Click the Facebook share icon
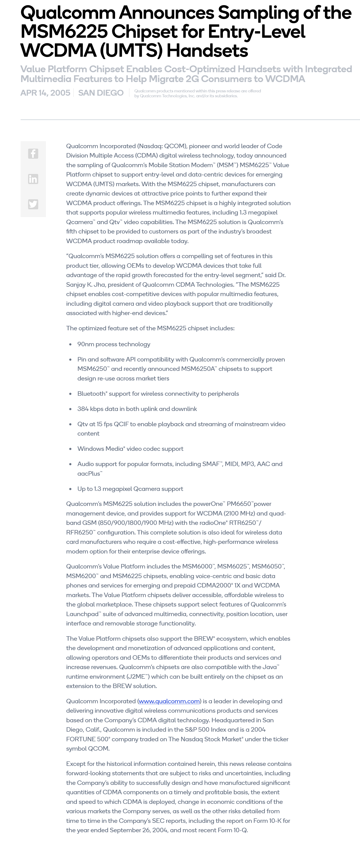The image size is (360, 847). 33,154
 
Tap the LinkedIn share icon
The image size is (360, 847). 33,179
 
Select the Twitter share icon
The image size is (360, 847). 33,204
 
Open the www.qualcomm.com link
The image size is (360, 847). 169,701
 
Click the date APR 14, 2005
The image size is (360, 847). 45,93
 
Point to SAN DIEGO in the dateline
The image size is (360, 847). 101,93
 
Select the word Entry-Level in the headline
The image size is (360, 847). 256,32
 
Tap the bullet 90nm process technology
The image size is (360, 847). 114,344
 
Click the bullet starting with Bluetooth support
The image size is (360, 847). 158,394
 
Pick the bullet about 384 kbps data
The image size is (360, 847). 137,409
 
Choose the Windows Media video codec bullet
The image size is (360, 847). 130,449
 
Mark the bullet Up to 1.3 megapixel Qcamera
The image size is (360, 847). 130,489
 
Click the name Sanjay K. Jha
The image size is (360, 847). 86,284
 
